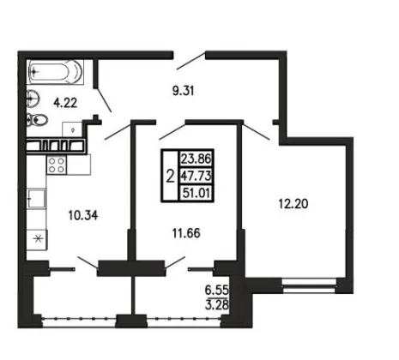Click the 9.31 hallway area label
tap(184, 91)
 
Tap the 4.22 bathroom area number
tap(65, 103)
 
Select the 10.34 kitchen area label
tap(83, 215)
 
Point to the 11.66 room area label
tap(186, 233)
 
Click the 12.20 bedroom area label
tap(293, 204)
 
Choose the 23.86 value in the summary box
tap(196, 159)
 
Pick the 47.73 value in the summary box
tap(196, 176)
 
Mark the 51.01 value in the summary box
tap(196, 193)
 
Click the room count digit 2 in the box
tap(170, 176)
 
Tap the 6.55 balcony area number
tap(217, 291)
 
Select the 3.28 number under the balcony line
tap(217, 305)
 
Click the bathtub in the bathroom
tap(56, 72)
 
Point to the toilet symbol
tap(37, 120)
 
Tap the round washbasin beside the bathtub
tap(33, 99)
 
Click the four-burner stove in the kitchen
tap(57, 165)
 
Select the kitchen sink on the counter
tap(37, 198)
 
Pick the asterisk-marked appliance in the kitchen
tap(38, 239)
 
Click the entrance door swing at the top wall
tap(191, 61)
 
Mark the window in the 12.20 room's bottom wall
tap(308, 286)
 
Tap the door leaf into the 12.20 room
tap(257, 131)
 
